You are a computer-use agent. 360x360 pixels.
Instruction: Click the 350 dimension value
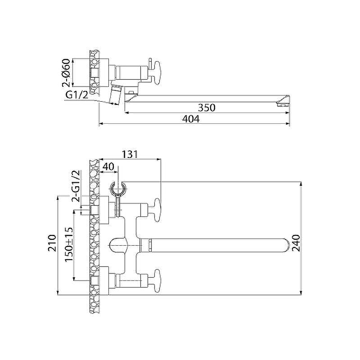click(x=207, y=108)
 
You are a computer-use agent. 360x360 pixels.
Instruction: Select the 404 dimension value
click(x=191, y=119)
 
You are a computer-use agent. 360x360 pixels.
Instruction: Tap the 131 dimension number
click(x=130, y=154)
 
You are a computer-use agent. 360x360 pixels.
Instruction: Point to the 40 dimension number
click(x=108, y=166)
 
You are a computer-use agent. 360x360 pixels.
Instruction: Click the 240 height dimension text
click(x=296, y=243)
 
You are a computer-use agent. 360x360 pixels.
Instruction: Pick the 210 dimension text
click(x=52, y=243)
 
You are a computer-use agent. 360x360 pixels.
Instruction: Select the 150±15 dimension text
click(x=69, y=244)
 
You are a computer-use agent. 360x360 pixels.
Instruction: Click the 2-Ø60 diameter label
click(x=66, y=72)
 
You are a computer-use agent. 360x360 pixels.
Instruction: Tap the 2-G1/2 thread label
click(x=76, y=186)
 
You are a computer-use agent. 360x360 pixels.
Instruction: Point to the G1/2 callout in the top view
click(x=77, y=94)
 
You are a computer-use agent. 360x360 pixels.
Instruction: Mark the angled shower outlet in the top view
click(x=114, y=94)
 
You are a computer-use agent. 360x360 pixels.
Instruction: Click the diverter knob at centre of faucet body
click(x=118, y=246)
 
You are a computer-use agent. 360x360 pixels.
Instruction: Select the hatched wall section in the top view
click(x=94, y=72)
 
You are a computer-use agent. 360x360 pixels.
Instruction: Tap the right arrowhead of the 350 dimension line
click(x=288, y=112)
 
